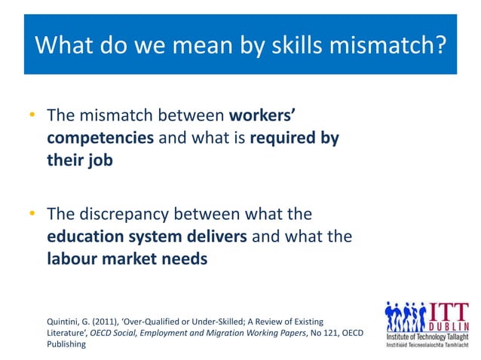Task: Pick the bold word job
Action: pyautogui.click(x=98, y=161)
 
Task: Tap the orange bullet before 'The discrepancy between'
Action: pyautogui.click(x=32, y=214)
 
